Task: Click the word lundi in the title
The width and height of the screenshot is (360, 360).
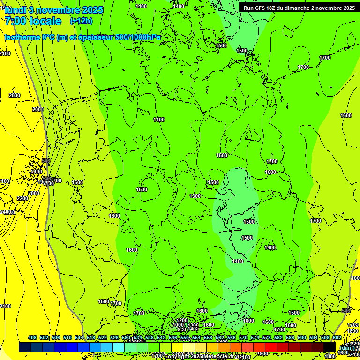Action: click(15, 10)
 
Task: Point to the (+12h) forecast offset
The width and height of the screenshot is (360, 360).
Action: click(81, 21)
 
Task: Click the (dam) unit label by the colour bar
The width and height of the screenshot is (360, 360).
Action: click(347, 347)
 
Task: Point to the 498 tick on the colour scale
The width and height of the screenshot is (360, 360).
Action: click(32, 337)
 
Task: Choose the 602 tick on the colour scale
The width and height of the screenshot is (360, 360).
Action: click(337, 337)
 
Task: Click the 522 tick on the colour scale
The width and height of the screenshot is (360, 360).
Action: click(103, 337)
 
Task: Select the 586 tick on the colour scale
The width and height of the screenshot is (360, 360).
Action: click(290, 337)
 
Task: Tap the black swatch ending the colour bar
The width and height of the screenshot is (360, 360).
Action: click(330, 347)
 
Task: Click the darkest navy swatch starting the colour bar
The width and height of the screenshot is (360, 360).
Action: click(25, 347)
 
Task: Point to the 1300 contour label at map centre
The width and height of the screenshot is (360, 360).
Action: click(195, 196)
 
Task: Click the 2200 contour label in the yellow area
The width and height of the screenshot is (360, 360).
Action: click(22, 198)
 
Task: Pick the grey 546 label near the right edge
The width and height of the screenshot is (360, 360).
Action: click(346, 311)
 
